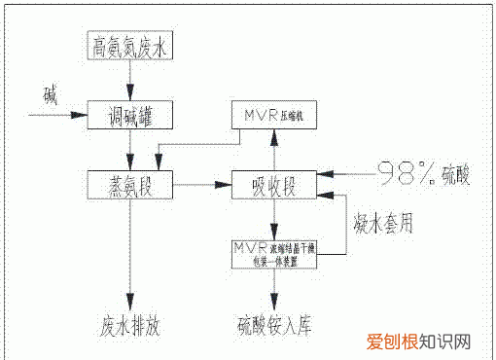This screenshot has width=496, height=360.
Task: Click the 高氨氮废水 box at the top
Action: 128,46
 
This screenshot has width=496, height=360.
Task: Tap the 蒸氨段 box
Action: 128,183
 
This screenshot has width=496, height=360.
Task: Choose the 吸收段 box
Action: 277,183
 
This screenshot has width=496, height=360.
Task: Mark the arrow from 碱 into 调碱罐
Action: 58,115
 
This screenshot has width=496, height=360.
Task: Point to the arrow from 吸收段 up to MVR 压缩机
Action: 277,149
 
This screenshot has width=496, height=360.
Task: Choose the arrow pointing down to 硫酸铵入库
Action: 277,284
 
